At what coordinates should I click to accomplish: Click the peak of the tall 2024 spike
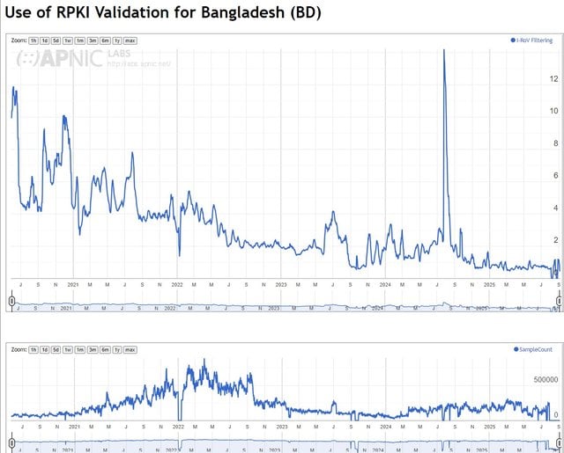(x=443, y=51)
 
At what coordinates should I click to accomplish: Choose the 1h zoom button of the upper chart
(x=33, y=40)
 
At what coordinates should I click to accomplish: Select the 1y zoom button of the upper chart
(x=116, y=40)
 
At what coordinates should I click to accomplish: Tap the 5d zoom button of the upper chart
(x=56, y=40)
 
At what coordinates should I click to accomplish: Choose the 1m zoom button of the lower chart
(x=80, y=349)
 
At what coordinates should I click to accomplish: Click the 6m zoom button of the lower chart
(x=105, y=349)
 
